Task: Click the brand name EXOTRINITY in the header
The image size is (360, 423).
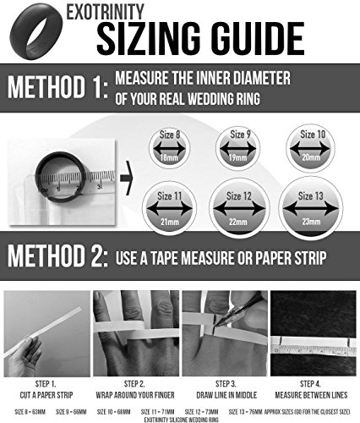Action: pos(105,12)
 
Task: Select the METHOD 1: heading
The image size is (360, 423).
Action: pos(57,87)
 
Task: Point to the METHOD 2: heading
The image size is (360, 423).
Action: pos(57,255)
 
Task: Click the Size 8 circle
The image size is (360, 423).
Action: pos(169,148)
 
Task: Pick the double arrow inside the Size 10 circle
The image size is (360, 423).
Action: pos(310,148)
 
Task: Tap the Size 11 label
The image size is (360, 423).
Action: pos(169,195)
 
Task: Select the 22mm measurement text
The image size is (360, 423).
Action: pos(238,222)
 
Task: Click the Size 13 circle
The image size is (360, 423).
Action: pos(310,208)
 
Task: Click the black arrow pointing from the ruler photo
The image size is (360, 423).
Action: pos(126,179)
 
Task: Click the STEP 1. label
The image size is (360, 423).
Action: pos(46,384)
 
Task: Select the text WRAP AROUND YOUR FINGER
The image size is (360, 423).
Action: pos(135,395)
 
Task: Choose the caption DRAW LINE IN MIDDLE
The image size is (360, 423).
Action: pos(226,395)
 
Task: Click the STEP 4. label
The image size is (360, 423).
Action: pos(310,384)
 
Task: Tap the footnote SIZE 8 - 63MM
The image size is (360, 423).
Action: pos(30,412)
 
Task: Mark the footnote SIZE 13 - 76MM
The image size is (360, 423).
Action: pos(245,412)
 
